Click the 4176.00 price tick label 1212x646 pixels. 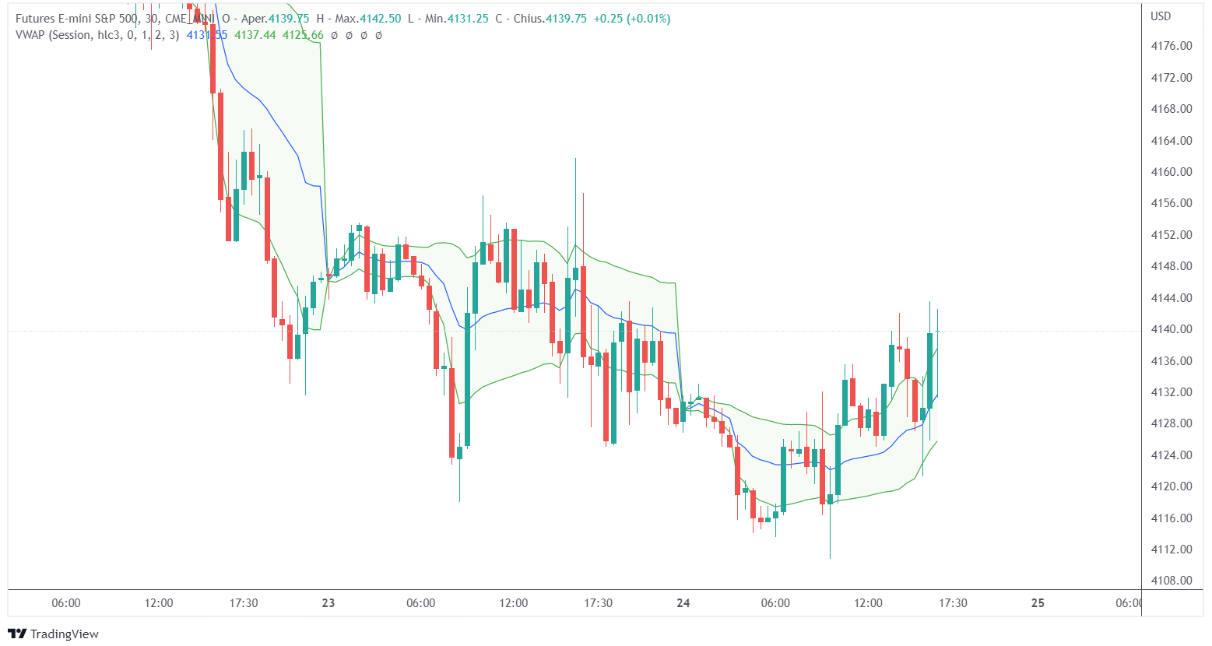click(x=1171, y=46)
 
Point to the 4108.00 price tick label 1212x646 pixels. click(x=1171, y=581)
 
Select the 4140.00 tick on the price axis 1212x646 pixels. click(x=1171, y=329)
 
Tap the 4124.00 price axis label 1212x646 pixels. click(x=1171, y=455)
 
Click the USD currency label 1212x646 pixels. click(x=1161, y=16)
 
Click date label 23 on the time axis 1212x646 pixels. click(x=328, y=603)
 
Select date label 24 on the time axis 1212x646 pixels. click(x=683, y=603)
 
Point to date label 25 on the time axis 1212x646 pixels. click(x=1038, y=603)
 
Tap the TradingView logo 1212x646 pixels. click(x=54, y=634)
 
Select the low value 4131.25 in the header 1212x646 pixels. click(x=468, y=19)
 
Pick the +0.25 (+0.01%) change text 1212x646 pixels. click(x=631, y=19)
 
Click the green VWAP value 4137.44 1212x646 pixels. click(x=255, y=35)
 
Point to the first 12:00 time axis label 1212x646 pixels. click(x=159, y=603)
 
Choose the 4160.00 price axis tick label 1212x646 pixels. click(x=1171, y=172)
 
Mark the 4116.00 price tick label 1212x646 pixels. click(x=1171, y=518)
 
